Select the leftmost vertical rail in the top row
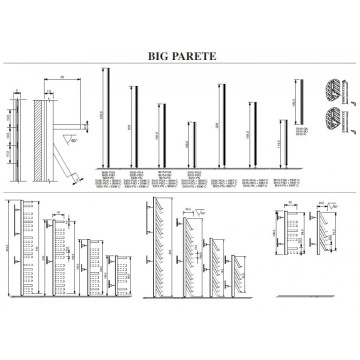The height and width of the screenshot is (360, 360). coord(106,114)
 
